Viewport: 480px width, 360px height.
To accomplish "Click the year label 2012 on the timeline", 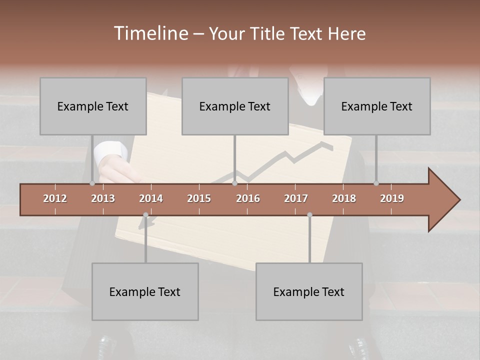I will tap(55, 198).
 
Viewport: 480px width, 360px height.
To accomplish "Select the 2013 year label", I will tap(103, 198).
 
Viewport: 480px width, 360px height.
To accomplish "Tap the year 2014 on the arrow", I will tap(151, 198).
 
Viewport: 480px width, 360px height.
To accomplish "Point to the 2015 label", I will tap(199, 198).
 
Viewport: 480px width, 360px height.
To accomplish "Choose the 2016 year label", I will tap(248, 198).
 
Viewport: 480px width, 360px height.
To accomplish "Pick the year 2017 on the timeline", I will tap(296, 198).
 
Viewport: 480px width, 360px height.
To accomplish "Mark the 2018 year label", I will tap(344, 198).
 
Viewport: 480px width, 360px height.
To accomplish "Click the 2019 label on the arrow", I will tap(392, 198).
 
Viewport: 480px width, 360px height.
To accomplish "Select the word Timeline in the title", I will tap(150, 33).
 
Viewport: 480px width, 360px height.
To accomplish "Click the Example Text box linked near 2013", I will tap(93, 106).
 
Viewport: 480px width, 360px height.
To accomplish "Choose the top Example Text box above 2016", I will tap(235, 106).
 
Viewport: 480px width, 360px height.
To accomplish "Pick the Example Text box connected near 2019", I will tap(377, 106).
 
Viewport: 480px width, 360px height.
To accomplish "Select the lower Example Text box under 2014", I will tap(145, 291).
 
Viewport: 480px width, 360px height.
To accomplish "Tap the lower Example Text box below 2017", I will tap(309, 291).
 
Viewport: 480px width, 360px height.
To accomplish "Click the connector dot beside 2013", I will tap(92, 183).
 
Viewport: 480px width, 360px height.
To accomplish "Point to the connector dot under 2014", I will tap(145, 214).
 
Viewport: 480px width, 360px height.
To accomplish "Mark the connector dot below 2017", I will tap(309, 214).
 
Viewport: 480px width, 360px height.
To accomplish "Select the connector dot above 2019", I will tap(376, 183).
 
